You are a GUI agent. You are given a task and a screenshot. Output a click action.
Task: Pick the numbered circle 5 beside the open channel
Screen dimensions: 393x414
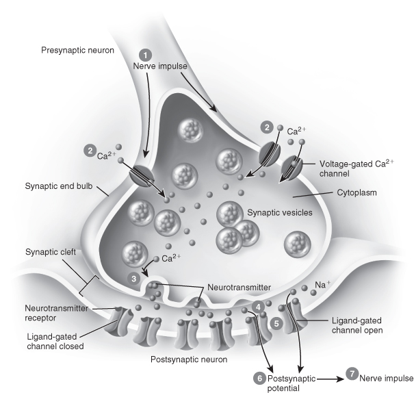tap(276, 322)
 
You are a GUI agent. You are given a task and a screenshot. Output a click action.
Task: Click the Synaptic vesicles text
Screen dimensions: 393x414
tap(279, 213)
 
